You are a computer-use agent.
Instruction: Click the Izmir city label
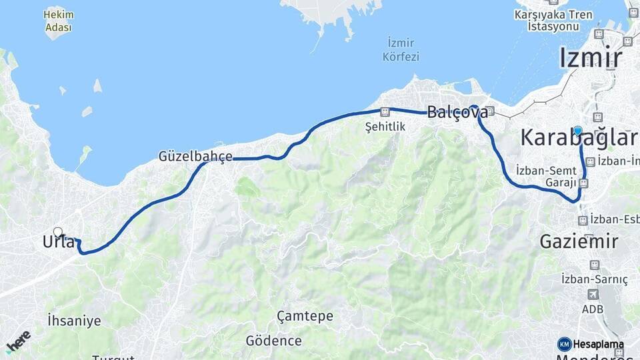591,57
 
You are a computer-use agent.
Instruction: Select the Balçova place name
457,112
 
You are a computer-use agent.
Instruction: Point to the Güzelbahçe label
195,157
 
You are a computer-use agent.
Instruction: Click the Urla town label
59,243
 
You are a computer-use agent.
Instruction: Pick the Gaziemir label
579,241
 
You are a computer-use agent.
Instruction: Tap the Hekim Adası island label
59,21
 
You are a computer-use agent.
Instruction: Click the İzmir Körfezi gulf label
401,50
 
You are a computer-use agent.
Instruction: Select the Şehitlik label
385,126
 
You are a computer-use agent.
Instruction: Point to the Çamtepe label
305,316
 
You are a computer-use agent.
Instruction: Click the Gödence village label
273,341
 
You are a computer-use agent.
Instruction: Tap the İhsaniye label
74,321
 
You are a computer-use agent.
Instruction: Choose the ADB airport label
593,309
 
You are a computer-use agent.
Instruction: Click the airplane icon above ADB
593,294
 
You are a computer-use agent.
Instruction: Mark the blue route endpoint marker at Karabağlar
578,131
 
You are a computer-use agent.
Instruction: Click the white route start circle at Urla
58,232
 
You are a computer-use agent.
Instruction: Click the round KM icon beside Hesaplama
565,344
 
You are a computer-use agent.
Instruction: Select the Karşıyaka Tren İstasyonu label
562,20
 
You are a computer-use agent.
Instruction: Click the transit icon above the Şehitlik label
385,113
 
